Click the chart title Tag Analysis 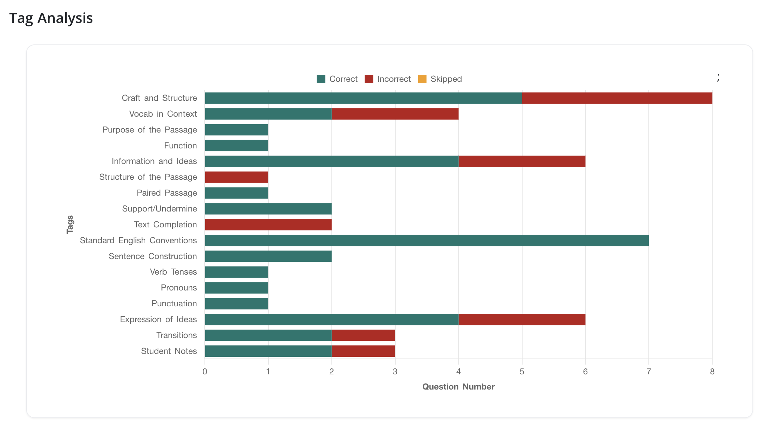pyautogui.click(x=51, y=18)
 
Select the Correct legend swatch pyautogui.click(x=321, y=79)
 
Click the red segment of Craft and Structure pyautogui.click(x=617, y=98)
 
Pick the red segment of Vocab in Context pyautogui.click(x=395, y=114)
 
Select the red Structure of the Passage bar pyautogui.click(x=237, y=177)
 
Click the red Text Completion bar pyautogui.click(x=268, y=225)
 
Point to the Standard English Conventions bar pyautogui.click(x=427, y=240)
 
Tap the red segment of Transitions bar pyautogui.click(x=363, y=335)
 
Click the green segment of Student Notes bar pyautogui.click(x=268, y=351)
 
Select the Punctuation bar pyautogui.click(x=237, y=304)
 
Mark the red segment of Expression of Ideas pyautogui.click(x=522, y=319)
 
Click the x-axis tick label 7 pyautogui.click(x=648, y=372)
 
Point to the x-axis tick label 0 pyautogui.click(x=205, y=372)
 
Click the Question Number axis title pyautogui.click(x=458, y=387)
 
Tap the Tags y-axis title pyautogui.click(x=70, y=225)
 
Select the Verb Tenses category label pyautogui.click(x=173, y=272)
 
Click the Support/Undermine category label pyautogui.click(x=159, y=209)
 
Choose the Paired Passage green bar pyautogui.click(x=237, y=193)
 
